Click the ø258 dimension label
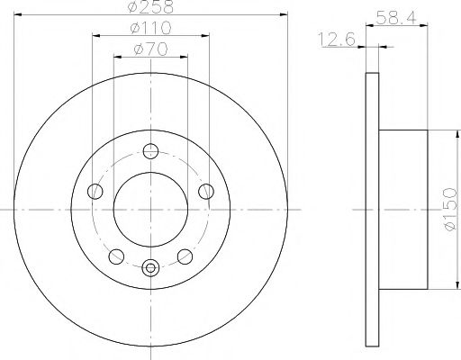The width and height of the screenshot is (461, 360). coord(150,8)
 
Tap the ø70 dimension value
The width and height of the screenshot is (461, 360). coord(150,49)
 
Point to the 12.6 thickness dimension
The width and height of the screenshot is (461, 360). coord(335,38)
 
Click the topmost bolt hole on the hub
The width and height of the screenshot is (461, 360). coord(150,151)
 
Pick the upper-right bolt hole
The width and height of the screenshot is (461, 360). coord(206,190)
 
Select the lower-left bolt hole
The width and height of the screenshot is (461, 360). coord(116,255)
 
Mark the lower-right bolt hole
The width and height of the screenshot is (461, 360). coord(185,255)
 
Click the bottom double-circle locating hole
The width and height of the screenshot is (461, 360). coord(150,265)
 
